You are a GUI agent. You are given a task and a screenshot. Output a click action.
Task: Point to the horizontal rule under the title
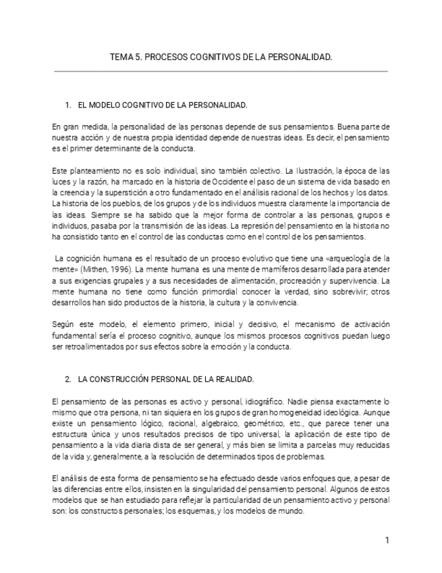coord(221,71)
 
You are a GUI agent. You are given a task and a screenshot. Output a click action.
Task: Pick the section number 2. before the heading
coord(68,380)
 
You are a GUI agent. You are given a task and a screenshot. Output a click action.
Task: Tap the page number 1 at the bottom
coord(387,540)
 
